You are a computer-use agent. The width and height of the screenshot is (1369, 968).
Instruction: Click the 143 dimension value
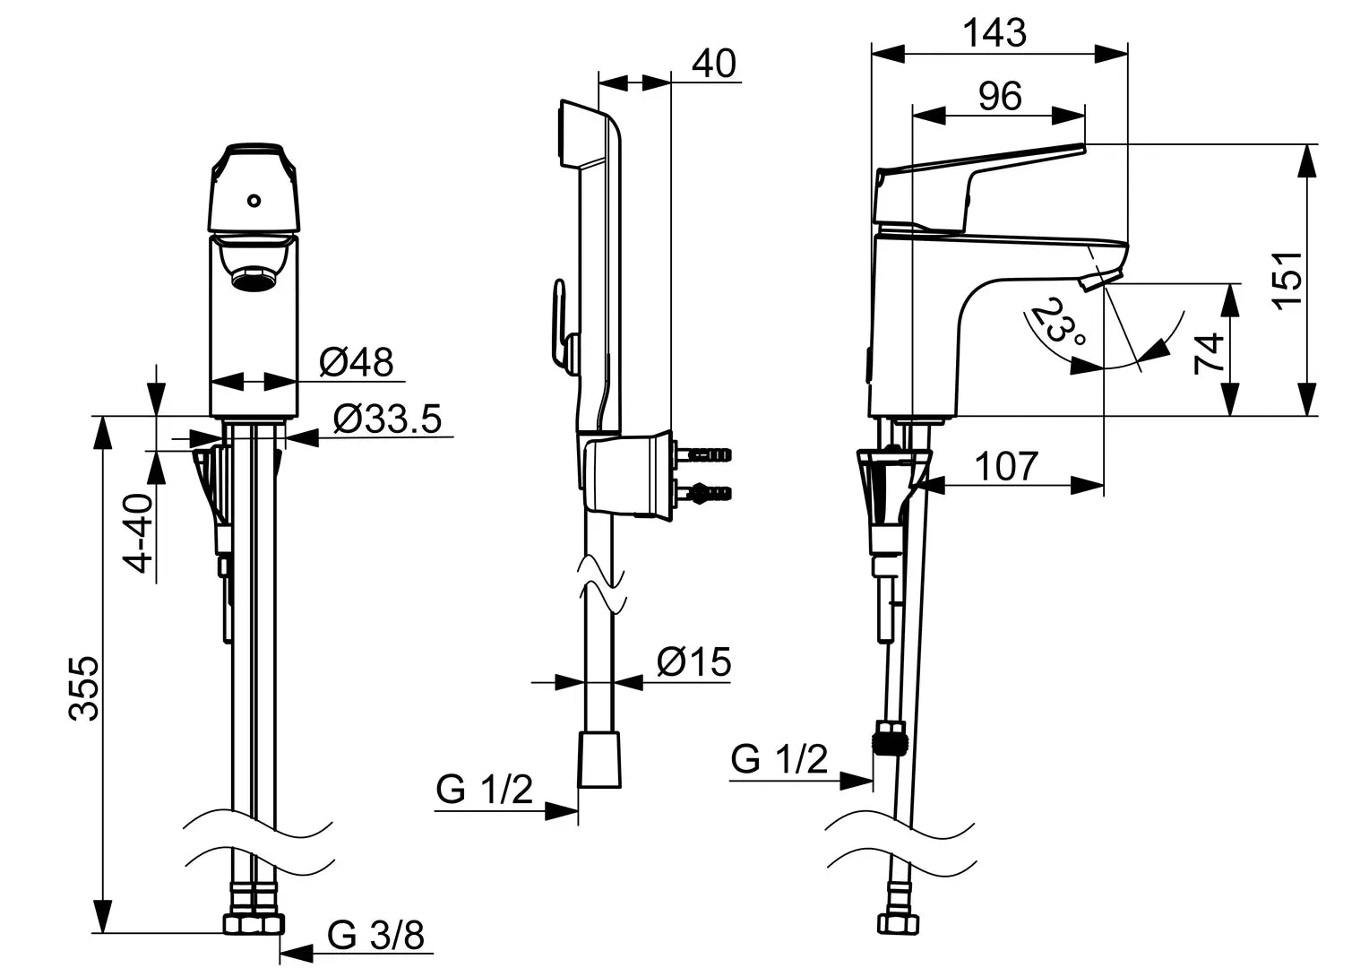[x=994, y=33]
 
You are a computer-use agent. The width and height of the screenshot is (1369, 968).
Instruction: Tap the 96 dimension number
[x=999, y=96]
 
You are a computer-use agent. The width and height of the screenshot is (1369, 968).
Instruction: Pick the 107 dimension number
[x=1006, y=466]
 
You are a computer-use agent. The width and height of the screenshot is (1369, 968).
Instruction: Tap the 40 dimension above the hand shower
[x=714, y=64]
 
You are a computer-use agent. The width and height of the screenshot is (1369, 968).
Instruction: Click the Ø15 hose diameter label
[x=693, y=662]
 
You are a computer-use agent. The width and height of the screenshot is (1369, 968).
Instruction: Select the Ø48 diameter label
[x=356, y=362]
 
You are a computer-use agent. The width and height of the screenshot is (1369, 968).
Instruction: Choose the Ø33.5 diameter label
[x=387, y=419]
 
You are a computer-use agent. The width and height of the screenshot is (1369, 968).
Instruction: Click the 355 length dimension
[x=85, y=687]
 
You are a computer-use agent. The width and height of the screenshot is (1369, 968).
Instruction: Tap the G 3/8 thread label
[x=375, y=936]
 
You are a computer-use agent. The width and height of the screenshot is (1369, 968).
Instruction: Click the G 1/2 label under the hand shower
[x=485, y=790]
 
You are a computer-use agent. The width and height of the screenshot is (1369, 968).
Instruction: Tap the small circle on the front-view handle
[x=254, y=201]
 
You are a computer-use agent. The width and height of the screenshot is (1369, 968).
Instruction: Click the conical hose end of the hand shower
[x=599, y=759]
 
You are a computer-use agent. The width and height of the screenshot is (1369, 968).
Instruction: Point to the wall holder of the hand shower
[x=625, y=474]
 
